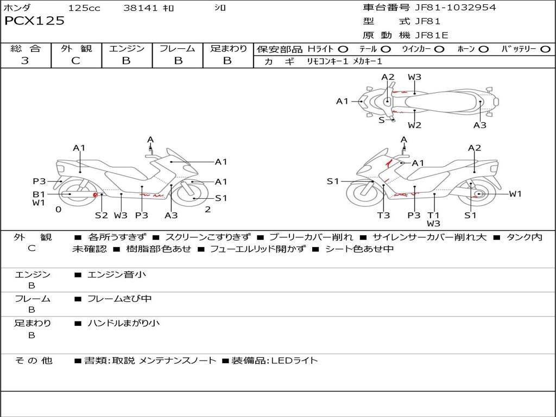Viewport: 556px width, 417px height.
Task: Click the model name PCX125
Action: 35,21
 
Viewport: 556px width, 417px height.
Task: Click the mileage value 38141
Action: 140,8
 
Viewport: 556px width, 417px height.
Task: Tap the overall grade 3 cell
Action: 25,61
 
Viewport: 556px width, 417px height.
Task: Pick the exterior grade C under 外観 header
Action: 75,61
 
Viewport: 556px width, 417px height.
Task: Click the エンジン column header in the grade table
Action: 127,48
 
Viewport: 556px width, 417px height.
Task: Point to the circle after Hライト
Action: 343,49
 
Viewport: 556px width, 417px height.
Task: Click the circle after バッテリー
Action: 545,49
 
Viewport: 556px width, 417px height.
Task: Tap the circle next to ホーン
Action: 483,49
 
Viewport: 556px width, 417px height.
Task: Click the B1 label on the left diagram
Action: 39,194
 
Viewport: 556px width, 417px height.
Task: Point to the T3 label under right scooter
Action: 383,215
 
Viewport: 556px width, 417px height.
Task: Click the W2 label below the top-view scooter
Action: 415,125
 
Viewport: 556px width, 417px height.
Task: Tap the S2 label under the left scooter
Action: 102,215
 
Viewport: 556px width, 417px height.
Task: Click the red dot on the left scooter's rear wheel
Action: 95,194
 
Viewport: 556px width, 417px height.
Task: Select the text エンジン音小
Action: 116,275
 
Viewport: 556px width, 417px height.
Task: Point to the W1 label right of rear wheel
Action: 515,194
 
